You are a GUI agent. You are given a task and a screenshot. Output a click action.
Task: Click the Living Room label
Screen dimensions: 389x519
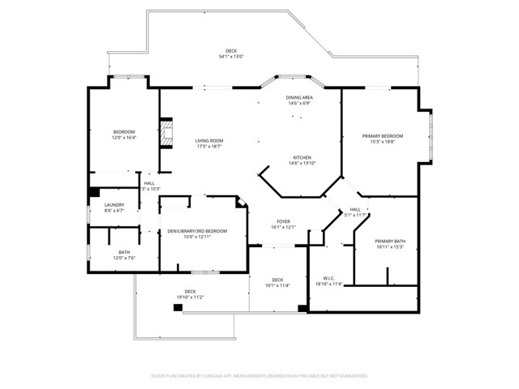coord(208,141)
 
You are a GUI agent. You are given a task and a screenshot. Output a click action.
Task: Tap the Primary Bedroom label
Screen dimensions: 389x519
coord(382,135)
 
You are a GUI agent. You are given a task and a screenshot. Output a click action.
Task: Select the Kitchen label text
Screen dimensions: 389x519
coord(302,157)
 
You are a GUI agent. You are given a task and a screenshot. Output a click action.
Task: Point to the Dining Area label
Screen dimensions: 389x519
coord(299,97)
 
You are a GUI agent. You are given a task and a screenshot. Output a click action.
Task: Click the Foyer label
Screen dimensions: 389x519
coord(283,221)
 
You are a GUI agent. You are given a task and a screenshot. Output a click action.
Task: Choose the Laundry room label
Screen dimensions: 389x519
coord(114,204)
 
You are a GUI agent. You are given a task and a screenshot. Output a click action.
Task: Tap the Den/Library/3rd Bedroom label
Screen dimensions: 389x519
coord(197,231)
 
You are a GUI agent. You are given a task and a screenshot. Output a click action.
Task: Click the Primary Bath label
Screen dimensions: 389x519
coord(389,242)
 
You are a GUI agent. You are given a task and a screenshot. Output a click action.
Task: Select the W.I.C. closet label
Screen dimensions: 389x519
coord(328,279)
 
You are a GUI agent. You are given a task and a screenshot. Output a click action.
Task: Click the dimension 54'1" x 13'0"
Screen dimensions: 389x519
coord(231,57)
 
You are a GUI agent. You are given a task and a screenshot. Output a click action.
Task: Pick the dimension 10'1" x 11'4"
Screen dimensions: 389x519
coord(277,285)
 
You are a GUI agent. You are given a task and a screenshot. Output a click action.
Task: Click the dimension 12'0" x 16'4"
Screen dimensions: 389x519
coord(124,137)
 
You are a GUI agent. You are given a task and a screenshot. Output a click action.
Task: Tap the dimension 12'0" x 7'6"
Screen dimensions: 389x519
coord(124,258)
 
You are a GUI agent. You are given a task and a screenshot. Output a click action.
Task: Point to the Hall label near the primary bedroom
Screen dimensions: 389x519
coord(355,209)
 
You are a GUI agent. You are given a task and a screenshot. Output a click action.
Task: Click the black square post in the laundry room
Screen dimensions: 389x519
coord(95,192)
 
